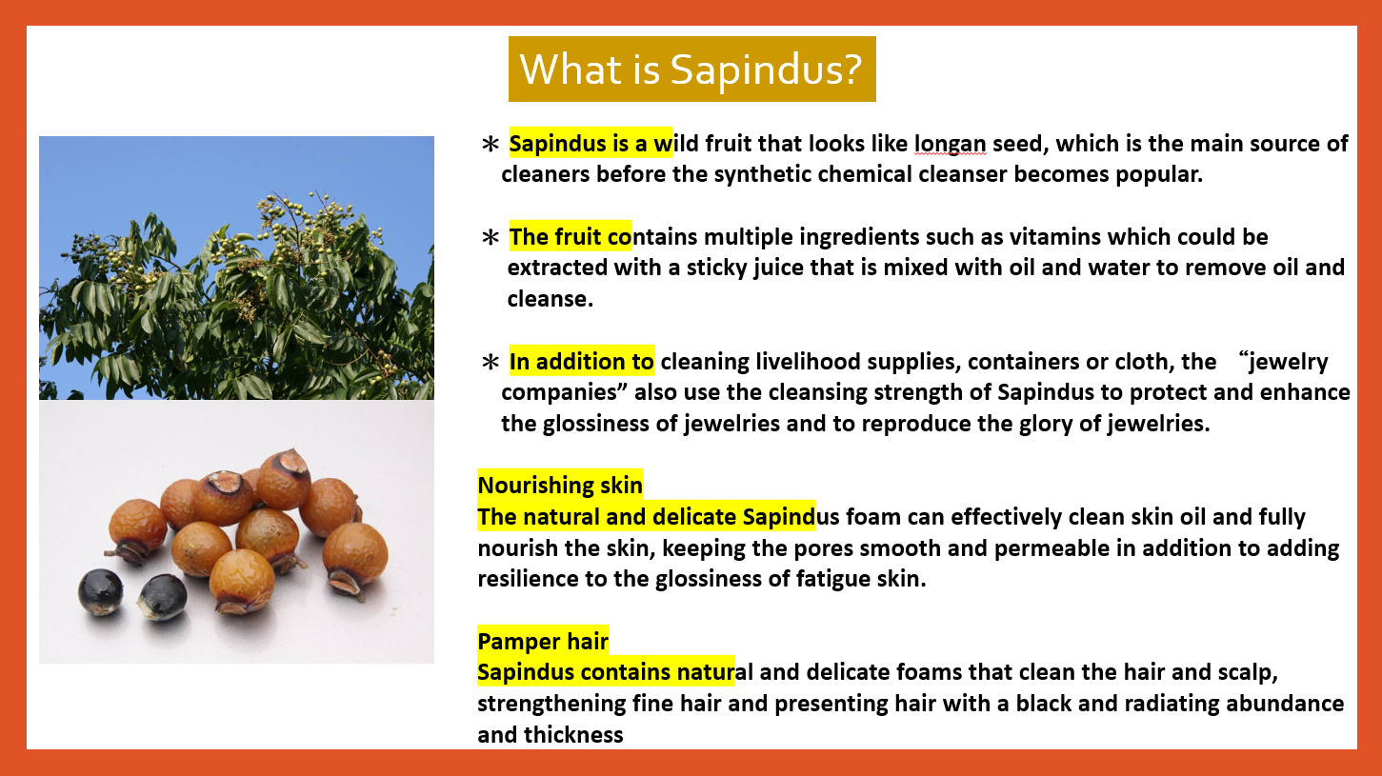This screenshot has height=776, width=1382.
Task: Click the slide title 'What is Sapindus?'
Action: (x=691, y=69)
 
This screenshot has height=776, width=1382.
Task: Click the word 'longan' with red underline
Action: (x=951, y=145)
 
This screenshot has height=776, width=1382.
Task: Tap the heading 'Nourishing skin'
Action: (x=560, y=486)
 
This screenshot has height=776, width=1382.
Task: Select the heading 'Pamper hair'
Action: (x=543, y=642)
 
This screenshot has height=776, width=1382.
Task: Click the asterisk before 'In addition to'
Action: (x=491, y=362)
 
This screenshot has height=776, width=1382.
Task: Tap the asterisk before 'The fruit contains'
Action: (x=491, y=237)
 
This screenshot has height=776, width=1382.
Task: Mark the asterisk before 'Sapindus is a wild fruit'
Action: (x=491, y=145)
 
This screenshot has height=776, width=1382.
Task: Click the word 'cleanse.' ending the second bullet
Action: (x=550, y=299)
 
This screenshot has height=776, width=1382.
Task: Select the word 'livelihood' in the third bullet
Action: (x=809, y=362)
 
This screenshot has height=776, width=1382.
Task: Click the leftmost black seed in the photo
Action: (x=101, y=591)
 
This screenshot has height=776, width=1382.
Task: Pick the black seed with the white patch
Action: (x=162, y=596)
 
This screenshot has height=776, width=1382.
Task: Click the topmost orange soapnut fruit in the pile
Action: (x=285, y=479)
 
